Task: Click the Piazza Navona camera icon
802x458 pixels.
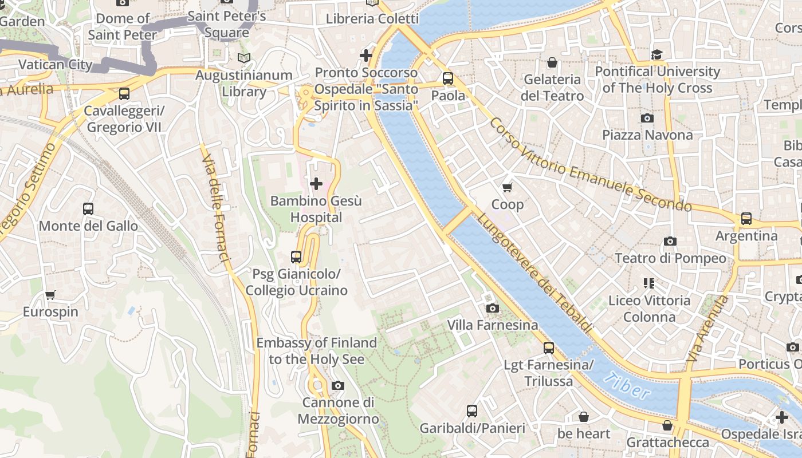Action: [647, 119]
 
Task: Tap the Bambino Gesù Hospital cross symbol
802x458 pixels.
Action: [316, 184]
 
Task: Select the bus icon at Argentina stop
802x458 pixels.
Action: [746, 218]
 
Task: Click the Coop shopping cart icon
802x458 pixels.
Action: [507, 187]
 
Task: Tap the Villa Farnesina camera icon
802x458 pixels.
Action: [492, 309]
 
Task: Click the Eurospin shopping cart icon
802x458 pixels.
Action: [50, 295]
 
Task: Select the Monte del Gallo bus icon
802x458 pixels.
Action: [88, 209]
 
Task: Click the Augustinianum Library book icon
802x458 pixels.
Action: [244, 58]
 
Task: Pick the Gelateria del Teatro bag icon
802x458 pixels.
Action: [552, 62]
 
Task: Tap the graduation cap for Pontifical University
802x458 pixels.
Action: [656, 54]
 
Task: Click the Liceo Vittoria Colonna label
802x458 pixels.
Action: [649, 309]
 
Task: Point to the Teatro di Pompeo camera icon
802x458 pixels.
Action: [670, 242]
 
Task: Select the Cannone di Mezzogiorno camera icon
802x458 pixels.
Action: [338, 386]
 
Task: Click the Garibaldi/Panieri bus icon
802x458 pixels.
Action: [472, 411]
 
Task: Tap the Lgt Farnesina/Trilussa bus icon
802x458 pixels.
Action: [549, 348]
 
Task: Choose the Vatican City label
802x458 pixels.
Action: [56, 64]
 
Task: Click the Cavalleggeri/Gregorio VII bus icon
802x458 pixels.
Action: [124, 94]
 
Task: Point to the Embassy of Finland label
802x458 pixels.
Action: [316, 351]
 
